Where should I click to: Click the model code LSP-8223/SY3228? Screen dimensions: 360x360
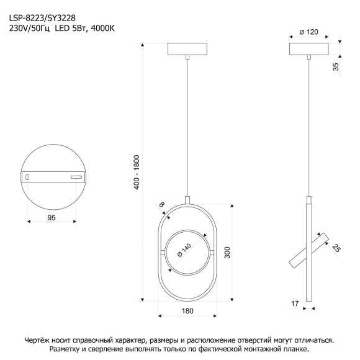[42, 17]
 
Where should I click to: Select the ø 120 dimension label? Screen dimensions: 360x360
[309, 32]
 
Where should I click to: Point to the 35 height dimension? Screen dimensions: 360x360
[336, 66]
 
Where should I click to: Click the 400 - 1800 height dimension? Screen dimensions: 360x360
[137, 172]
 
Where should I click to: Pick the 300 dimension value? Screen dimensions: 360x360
[227, 253]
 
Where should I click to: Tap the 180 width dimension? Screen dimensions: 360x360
[187, 311]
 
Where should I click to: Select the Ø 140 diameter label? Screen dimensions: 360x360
[184, 250]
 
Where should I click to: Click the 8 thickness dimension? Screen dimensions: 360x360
[162, 204]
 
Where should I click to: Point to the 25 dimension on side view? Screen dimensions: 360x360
[336, 248]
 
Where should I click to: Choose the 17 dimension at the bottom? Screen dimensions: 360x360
[295, 304]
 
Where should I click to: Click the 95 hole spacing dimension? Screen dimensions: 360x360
[52, 218]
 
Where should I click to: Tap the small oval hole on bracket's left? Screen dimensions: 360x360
[27, 177]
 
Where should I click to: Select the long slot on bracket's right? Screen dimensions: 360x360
[76, 177]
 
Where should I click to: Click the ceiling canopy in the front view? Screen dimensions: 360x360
[187, 49]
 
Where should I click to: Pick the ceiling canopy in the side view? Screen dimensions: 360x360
[309, 49]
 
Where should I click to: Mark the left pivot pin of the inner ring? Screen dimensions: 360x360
[163, 253]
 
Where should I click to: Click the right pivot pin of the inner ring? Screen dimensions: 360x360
[212, 253]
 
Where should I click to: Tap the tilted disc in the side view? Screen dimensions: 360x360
[309, 251]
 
